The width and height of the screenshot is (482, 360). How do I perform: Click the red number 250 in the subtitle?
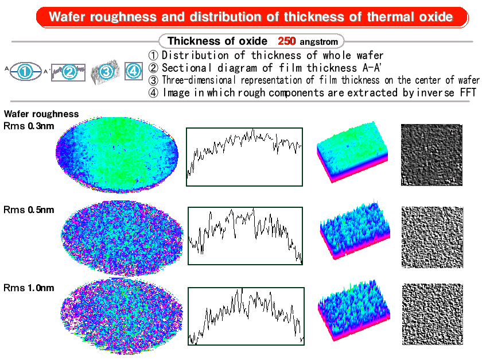coord(286,41)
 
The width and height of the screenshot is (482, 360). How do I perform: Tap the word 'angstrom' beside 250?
coord(319,42)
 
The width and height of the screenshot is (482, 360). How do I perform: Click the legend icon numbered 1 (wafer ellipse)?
coord(25,71)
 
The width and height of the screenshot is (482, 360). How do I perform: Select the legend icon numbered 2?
coord(68,72)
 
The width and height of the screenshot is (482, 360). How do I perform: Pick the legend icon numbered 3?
coord(106,72)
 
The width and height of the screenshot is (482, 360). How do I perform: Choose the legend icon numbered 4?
coord(134,71)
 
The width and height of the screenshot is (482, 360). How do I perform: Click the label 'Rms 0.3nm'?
coord(29,126)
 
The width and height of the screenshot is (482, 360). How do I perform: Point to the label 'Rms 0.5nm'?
coord(29,210)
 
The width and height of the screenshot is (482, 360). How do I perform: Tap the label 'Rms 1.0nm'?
coord(29,288)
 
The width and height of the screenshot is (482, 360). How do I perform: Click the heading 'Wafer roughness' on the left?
coord(41,114)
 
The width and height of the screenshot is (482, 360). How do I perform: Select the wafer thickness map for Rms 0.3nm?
coord(117,154)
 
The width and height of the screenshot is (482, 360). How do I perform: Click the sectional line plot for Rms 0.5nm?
coord(246,235)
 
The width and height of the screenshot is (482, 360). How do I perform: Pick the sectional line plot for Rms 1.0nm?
coord(246,316)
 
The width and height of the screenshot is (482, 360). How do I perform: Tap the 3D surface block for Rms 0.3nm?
coord(352,152)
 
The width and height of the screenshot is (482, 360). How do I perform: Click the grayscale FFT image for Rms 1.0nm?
coord(433,314)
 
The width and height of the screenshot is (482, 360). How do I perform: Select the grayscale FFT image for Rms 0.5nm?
coord(432,237)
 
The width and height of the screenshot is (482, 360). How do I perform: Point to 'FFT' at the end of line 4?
coord(468,92)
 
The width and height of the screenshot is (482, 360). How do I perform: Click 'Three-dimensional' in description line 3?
coord(199,80)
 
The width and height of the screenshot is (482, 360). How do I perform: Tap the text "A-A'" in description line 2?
coord(372,68)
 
